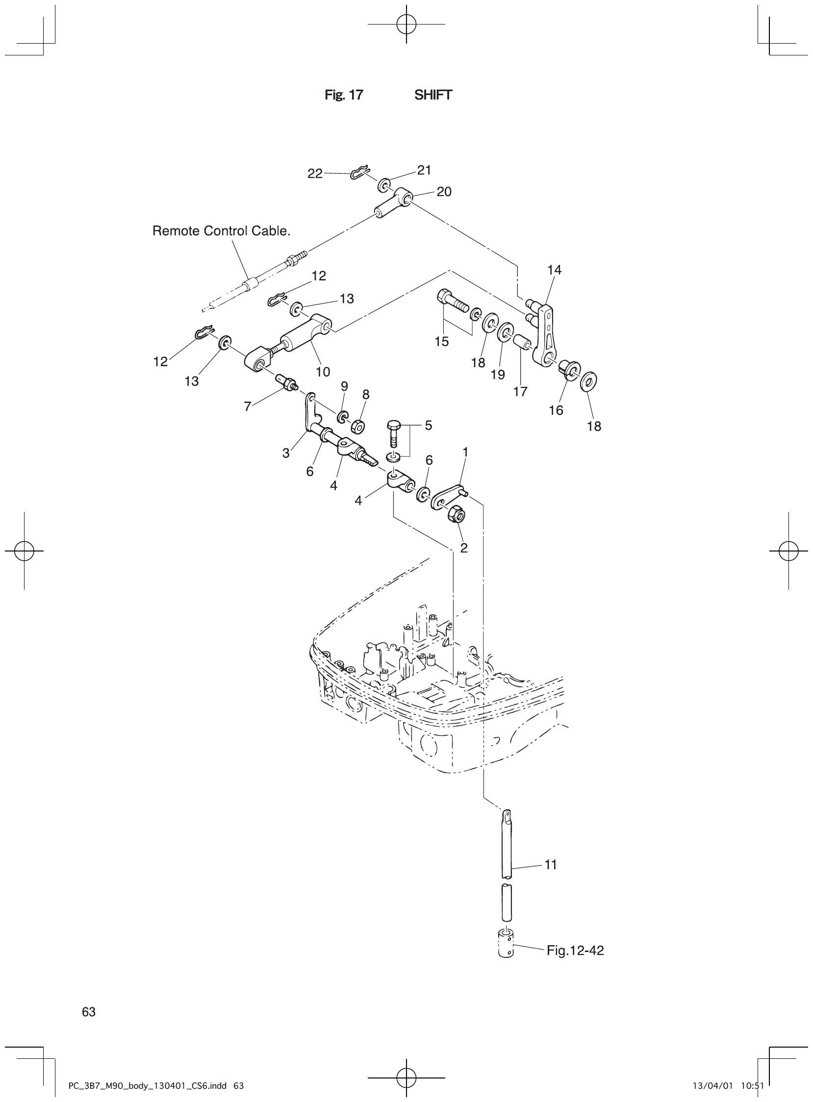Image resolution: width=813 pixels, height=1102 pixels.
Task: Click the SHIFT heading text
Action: tap(433, 95)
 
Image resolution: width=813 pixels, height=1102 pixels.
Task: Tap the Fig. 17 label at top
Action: tap(344, 95)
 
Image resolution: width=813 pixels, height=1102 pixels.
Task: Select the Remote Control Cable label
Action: tap(222, 231)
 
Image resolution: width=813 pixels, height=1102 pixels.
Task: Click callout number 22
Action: tap(315, 174)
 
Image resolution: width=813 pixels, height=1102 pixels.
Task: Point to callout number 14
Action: tap(554, 270)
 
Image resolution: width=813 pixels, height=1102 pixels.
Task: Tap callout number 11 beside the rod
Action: tap(551, 865)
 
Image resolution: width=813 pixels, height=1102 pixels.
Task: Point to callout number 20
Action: tap(444, 192)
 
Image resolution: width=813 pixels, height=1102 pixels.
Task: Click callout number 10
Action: tap(323, 372)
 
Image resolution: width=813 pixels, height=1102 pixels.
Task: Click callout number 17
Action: tap(520, 392)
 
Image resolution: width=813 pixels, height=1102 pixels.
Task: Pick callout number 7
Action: tap(248, 406)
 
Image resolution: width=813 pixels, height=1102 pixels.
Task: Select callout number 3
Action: tap(286, 453)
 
